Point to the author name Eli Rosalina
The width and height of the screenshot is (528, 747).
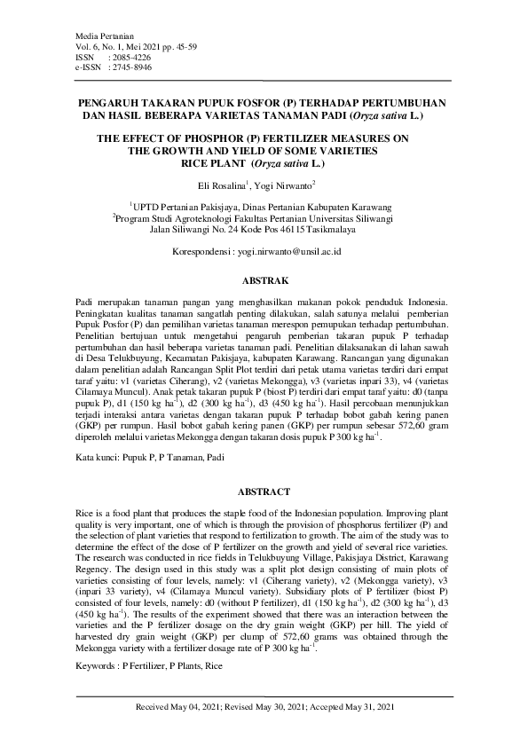coord(221,185)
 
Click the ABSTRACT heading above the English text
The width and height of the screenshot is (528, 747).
coord(264,491)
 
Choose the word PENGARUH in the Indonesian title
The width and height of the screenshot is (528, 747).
coord(110,103)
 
